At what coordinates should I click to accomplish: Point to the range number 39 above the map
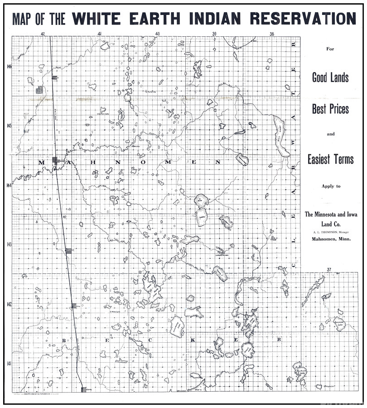tap(215, 34)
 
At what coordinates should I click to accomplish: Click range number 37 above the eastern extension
tap(329, 271)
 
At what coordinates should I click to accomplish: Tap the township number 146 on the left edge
tap(9, 67)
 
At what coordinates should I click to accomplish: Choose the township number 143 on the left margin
tap(9, 244)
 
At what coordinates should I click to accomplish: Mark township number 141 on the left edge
tap(9, 363)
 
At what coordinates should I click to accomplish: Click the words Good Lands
tap(330, 78)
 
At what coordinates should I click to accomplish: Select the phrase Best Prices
tap(330, 109)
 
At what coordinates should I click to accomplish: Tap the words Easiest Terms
tap(330, 160)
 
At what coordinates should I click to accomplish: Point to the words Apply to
tap(330, 186)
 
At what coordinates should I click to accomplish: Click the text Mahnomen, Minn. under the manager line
tap(330, 240)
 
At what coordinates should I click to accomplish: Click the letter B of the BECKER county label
tap(64, 340)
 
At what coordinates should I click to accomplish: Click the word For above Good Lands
tap(330, 49)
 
